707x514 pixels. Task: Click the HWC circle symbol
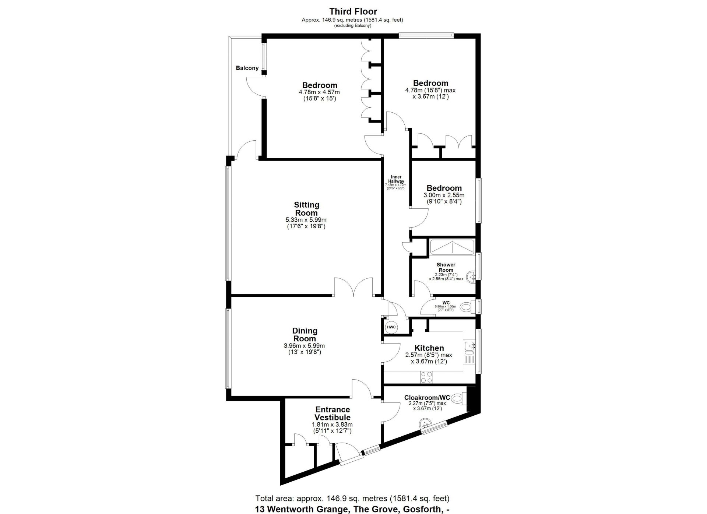pyautogui.click(x=391, y=327)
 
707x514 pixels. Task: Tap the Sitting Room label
pyautogui.click(x=306, y=209)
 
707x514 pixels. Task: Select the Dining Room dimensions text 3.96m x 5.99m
pyautogui.click(x=304, y=346)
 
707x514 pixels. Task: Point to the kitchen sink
pyautogui.click(x=470, y=346)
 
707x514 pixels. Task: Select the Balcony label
pyautogui.click(x=247, y=68)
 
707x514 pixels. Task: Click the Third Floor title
pyautogui.click(x=353, y=12)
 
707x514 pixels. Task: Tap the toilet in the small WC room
pyautogui.click(x=467, y=306)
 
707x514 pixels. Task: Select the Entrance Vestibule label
pyautogui.click(x=332, y=413)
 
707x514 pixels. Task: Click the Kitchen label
pyautogui.click(x=429, y=348)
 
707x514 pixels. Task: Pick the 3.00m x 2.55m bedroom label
pyautogui.click(x=444, y=188)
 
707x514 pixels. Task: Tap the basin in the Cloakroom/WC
pyautogui.click(x=427, y=424)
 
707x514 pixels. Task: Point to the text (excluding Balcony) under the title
pyautogui.click(x=353, y=26)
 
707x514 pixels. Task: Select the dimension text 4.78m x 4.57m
pyautogui.click(x=319, y=92)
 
